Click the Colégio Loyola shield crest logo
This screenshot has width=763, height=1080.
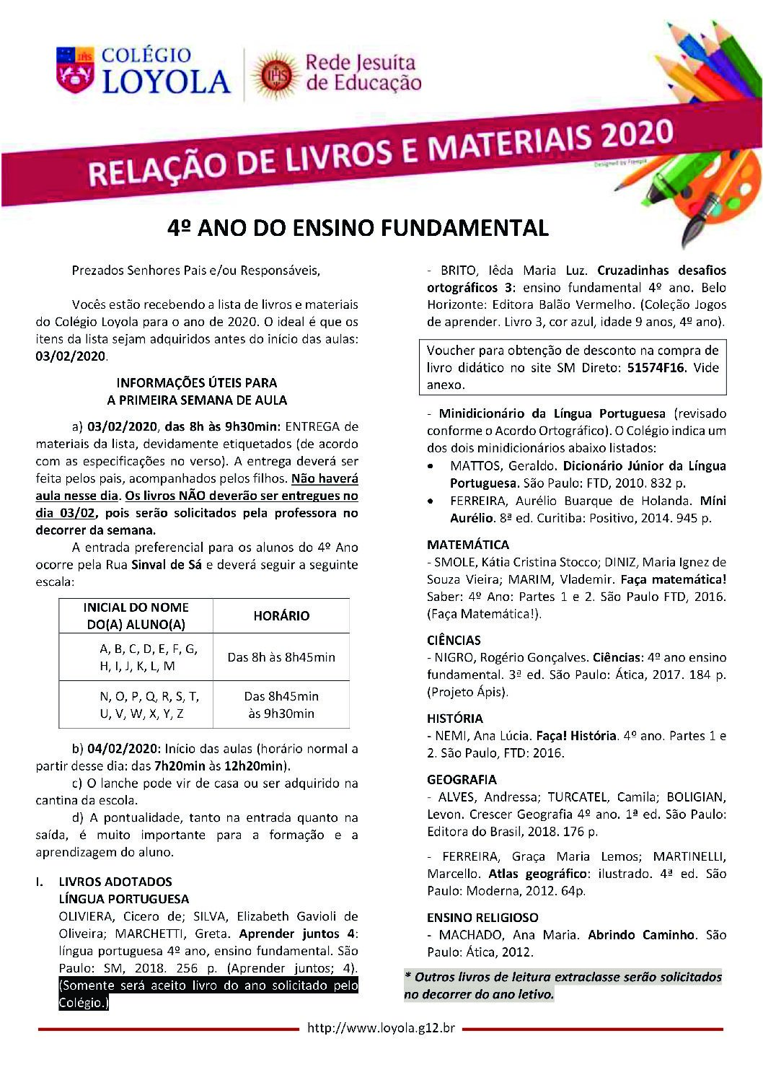pyautogui.click(x=74, y=69)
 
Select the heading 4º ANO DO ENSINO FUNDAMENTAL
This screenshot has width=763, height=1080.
pyautogui.click(x=358, y=229)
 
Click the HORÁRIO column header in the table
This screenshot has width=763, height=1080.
pyautogui.click(x=281, y=615)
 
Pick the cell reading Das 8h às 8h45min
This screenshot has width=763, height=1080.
pyautogui.click(x=281, y=657)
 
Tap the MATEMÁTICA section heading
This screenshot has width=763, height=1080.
pyautogui.click(x=467, y=545)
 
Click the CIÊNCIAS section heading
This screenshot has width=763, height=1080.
pyautogui.click(x=454, y=640)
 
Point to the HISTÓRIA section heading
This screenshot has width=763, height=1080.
pyautogui.click(x=454, y=719)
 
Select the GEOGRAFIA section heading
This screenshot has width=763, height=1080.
pyautogui.click(x=462, y=779)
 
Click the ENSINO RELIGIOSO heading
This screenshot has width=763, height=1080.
pyautogui.click(x=482, y=917)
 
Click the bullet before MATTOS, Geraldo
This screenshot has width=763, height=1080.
pyautogui.click(x=431, y=467)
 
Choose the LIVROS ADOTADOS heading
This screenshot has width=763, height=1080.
pyautogui.click(x=115, y=882)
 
